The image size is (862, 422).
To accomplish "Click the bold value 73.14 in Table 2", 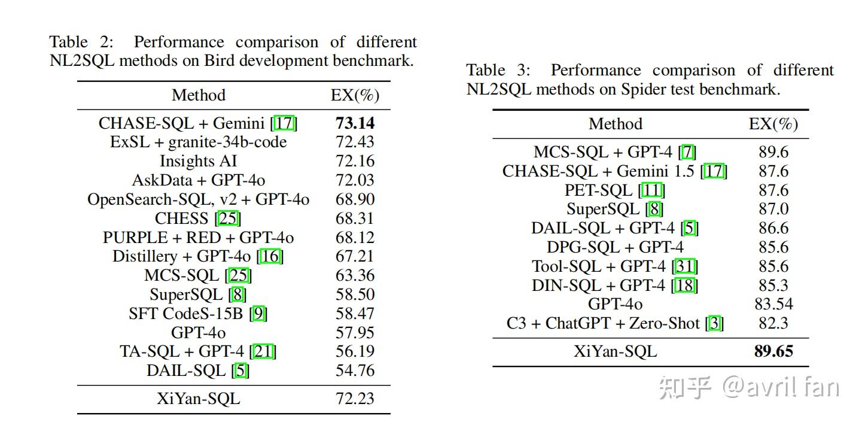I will pyautogui.click(x=355, y=123).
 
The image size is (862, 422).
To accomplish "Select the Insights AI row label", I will pyautogui.click(x=198, y=161).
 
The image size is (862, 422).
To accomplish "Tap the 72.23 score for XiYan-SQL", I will pyautogui.click(x=355, y=399).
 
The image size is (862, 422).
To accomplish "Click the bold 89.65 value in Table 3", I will pyautogui.click(x=773, y=351).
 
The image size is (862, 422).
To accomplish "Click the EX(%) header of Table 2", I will pyautogui.click(x=355, y=95).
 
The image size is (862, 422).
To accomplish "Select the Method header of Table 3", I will pyautogui.click(x=615, y=124).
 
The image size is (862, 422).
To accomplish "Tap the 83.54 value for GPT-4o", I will pyautogui.click(x=773, y=304).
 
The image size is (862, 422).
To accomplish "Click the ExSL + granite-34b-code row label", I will pyautogui.click(x=198, y=142).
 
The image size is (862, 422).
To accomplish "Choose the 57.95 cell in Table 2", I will pyautogui.click(x=355, y=332).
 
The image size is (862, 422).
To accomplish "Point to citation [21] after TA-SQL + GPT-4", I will pyautogui.click(x=263, y=351).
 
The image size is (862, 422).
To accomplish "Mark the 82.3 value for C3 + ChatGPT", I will pyautogui.click(x=773, y=323).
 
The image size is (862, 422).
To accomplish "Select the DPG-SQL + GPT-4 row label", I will pyautogui.click(x=615, y=247).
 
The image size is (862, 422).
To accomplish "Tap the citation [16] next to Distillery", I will pyautogui.click(x=270, y=256).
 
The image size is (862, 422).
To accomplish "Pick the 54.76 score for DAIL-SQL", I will pyautogui.click(x=355, y=371).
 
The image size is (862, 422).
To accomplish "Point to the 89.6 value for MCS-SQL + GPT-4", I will pyautogui.click(x=773, y=152).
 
